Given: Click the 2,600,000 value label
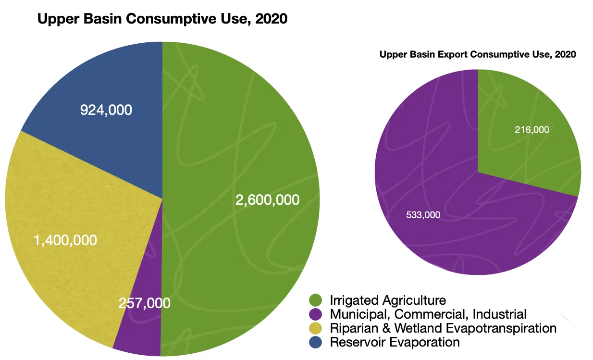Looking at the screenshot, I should click(x=267, y=199).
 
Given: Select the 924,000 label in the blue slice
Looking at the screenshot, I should click(x=106, y=110).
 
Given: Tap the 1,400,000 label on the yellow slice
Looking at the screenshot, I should click(x=65, y=240).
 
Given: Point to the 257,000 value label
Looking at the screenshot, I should click(x=144, y=303).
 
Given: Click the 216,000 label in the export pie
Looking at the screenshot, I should click(x=532, y=129).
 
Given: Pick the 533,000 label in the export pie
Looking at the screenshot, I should click(x=423, y=215).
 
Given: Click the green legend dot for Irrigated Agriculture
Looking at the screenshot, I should click(x=316, y=300).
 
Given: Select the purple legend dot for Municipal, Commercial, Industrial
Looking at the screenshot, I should click(x=316, y=314).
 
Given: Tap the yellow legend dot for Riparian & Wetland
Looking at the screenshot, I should click(x=316, y=328).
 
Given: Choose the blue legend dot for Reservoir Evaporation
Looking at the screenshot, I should click(x=316, y=342).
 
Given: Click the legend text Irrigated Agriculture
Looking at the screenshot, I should click(x=388, y=300).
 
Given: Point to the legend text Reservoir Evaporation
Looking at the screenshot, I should click(x=395, y=342).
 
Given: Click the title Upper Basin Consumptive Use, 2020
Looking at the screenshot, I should click(x=162, y=19).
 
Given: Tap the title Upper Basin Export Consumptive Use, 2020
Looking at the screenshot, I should click(x=478, y=54).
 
